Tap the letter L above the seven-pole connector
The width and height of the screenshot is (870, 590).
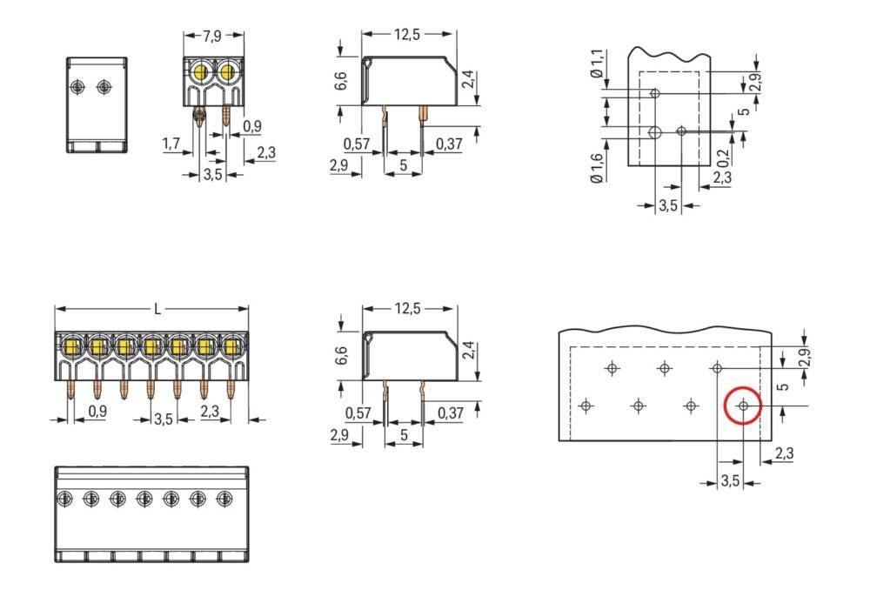(157, 309)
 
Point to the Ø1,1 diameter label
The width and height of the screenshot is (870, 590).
(596, 64)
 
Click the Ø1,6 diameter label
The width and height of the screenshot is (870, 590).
(596, 166)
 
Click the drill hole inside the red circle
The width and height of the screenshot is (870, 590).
(743, 406)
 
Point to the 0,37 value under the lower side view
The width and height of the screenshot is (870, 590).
(449, 412)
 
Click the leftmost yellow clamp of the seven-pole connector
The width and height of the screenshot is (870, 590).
(70, 347)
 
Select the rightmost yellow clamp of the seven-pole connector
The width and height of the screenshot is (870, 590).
(231, 347)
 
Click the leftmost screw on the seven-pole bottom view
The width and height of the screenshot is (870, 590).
(64, 499)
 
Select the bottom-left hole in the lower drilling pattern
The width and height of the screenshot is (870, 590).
(586, 406)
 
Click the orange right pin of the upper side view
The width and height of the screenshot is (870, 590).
(423, 112)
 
